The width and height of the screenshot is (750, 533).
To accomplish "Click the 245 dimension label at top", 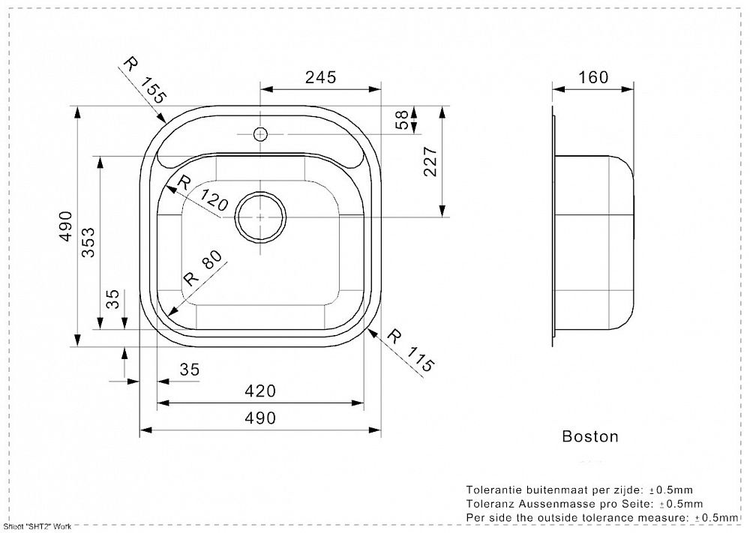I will (x=321, y=76).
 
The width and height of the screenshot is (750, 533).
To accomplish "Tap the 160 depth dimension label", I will (x=593, y=77).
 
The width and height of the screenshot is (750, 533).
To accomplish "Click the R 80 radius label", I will (x=202, y=268).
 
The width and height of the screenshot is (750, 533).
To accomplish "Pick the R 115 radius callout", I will (x=411, y=349).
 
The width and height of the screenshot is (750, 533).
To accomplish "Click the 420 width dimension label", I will (x=260, y=391).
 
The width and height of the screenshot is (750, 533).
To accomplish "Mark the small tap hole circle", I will (x=260, y=134).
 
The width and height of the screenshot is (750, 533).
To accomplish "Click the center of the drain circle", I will (x=260, y=216).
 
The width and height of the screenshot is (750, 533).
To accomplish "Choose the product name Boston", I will (x=590, y=436).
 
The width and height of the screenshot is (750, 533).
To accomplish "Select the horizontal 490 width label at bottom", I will (x=260, y=418).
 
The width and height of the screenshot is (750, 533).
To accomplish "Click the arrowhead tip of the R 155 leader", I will (x=166, y=122).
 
